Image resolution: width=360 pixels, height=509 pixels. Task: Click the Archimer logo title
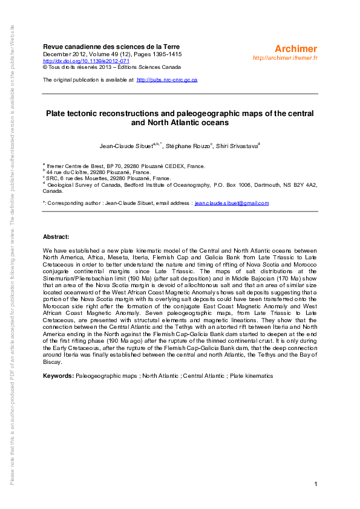[x=295, y=48]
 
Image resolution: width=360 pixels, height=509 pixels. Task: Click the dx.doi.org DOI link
[x=86, y=60]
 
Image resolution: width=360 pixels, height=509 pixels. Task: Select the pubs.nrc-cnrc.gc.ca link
[x=167, y=80]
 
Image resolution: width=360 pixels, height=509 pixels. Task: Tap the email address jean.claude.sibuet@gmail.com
[x=232, y=203]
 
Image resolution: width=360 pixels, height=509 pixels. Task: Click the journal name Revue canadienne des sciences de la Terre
[x=111, y=47]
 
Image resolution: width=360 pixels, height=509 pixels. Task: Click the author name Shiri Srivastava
[x=237, y=146]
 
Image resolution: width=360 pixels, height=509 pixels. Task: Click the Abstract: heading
[x=56, y=236]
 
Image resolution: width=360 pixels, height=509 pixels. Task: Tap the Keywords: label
[x=58, y=376]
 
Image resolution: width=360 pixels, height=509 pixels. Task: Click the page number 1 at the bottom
[x=316, y=485]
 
